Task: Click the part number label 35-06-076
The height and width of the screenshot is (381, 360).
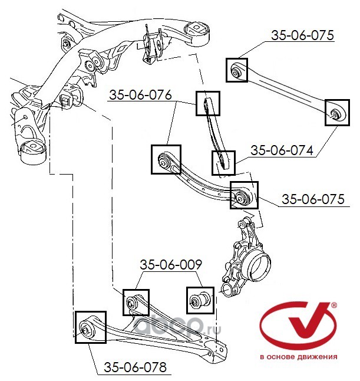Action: tap(140, 95)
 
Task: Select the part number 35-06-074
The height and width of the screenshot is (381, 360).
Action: tap(282, 150)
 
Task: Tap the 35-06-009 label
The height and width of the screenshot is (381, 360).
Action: tap(171, 265)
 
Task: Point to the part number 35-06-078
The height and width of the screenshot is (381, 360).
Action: tap(135, 367)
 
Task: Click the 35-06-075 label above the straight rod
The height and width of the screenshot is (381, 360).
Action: tap(302, 35)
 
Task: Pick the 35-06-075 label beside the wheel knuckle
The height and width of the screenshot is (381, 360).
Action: tap(313, 199)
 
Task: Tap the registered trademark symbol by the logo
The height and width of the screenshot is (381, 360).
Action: tap(334, 305)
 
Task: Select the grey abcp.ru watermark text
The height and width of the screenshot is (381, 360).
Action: tap(177, 326)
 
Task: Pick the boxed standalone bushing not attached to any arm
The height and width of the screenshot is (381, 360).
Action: tap(200, 301)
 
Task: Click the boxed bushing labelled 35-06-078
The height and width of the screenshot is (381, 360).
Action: tap(91, 327)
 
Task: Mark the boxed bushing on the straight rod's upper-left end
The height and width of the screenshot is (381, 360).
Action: tap(237, 70)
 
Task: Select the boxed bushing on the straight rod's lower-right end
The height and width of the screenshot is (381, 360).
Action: tap(337, 113)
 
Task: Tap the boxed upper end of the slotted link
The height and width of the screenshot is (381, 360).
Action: tap(208, 103)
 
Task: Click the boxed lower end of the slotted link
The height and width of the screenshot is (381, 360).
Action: tap(223, 163)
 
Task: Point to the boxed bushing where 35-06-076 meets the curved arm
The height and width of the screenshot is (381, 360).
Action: tap(166, 159)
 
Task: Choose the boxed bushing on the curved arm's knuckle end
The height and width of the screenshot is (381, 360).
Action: tap(244, 195)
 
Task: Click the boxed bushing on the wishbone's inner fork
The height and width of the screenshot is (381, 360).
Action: tap(136, 303)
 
